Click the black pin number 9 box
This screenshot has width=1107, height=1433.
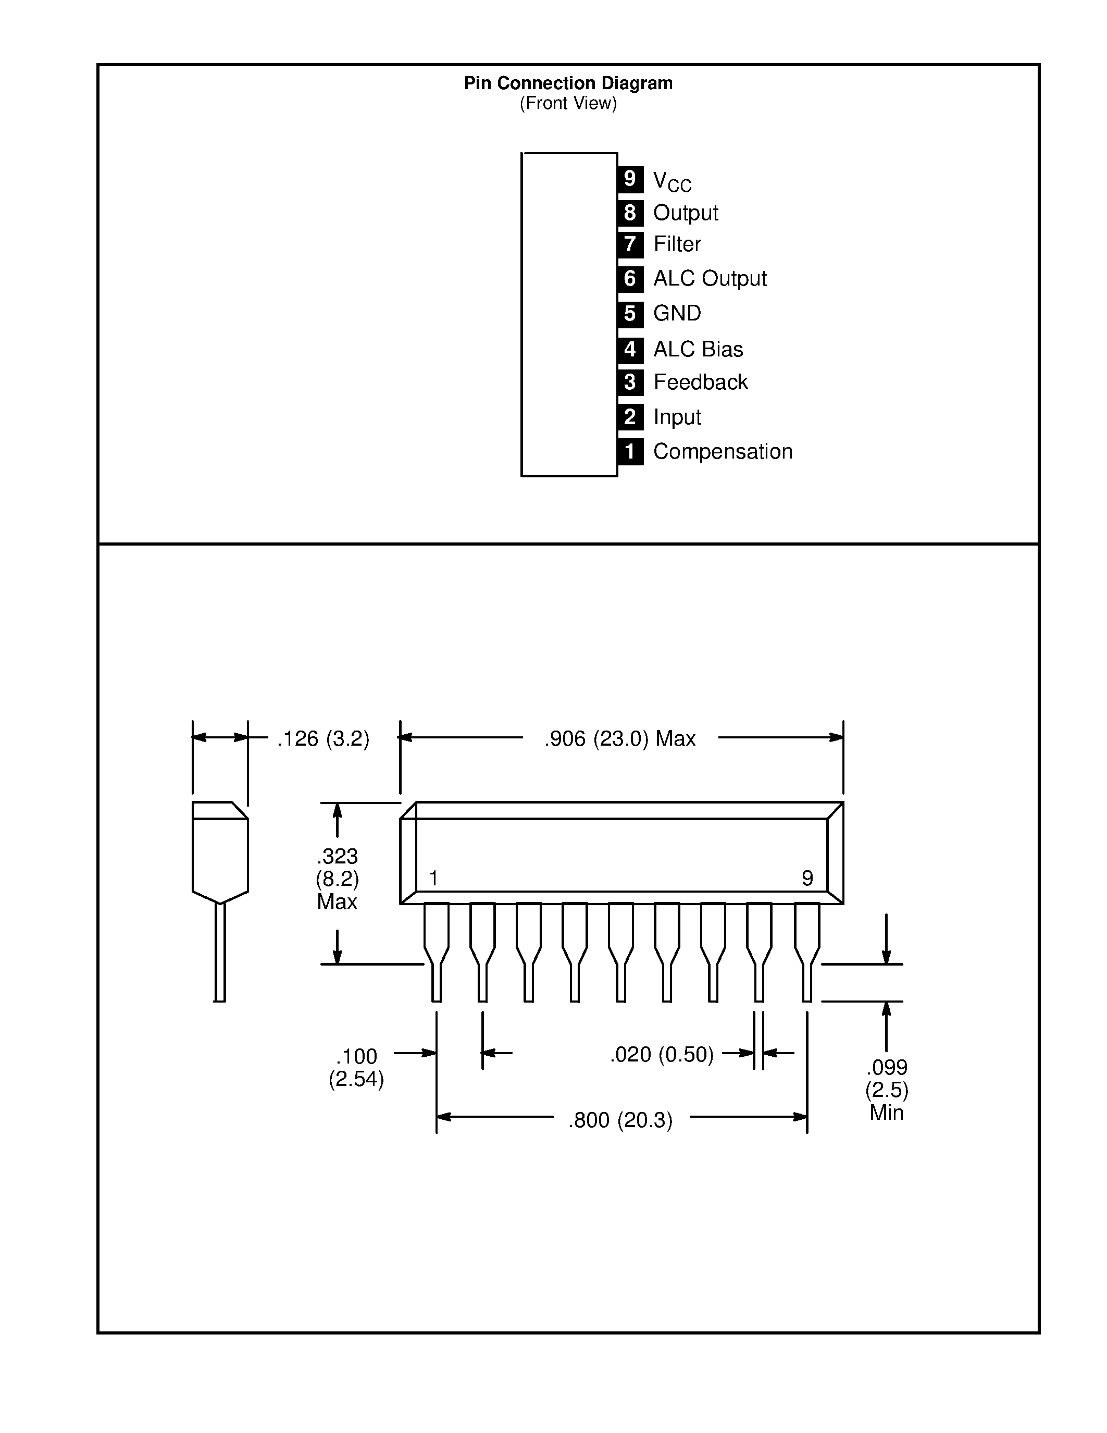pyautogui.click(x=630, y=178)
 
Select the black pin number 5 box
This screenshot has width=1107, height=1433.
pyautogui.click(x=630, y=314)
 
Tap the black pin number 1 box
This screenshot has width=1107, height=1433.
pyautogui.click(x=630, y=451)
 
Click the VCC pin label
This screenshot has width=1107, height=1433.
pyautogui.click(x=672, y=181)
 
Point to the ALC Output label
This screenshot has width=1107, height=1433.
pyautogui.click(x=710, y=279)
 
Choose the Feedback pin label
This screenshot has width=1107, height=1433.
pyautogui.click(x=700, y=382)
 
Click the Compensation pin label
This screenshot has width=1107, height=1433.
pyautogui.click(x=723, y=451)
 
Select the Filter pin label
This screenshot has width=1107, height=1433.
pyautogui.click(x=677, y=244)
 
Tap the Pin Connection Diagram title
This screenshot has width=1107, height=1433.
pyautogui.click(x=568, y=83)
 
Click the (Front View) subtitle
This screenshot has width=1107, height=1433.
pyautogui.click(x=568, y=103)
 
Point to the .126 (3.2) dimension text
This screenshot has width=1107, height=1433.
pyautogui.click(x=322, y=739)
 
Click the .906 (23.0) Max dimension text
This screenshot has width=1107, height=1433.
pyautogui.click(x=620, y=739)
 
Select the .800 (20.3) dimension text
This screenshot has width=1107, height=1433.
pyautogui.click(x=620, y=1120)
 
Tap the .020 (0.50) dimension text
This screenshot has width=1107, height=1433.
pyautogui.click(x=662, y=1054)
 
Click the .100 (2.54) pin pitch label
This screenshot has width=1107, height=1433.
pyautogui.click(x=356, y=1068)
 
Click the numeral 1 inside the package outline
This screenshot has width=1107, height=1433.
pyautogui.click(x=433, y=878)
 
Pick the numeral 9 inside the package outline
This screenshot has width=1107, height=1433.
pyautogui.click(x=807, y=878)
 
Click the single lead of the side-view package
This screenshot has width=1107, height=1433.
pyautogui.click(x=220, y=952)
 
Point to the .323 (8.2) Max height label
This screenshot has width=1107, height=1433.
pyautogui.click(x=337, y=879)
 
